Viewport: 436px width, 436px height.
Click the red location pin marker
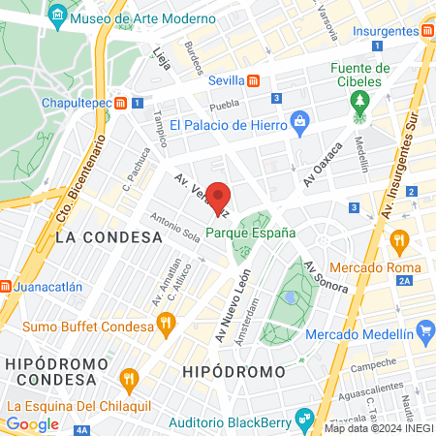(218, 197)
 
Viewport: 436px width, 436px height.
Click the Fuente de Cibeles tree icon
(360, 102)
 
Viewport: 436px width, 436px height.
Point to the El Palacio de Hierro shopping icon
(299, 124)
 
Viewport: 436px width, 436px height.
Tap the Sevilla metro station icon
(253, 81)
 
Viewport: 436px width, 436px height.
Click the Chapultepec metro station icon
(120, 102)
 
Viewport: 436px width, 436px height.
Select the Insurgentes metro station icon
(428, 31)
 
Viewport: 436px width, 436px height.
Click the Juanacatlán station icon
(4, 287)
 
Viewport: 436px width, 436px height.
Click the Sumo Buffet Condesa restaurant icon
(166, 327)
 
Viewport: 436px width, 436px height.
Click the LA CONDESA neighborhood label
(109, 236)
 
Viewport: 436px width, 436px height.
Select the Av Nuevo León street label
(228, 302)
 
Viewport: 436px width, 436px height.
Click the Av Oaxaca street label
(324, 166)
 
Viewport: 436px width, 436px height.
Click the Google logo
(32, 423)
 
